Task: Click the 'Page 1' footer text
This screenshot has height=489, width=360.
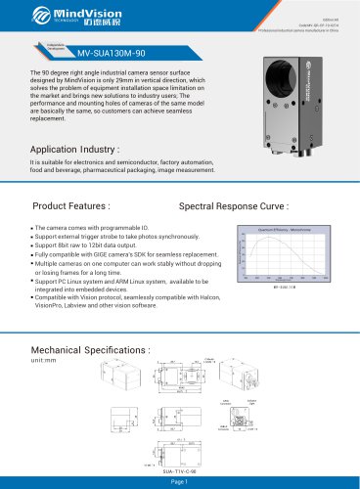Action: click(179, 481)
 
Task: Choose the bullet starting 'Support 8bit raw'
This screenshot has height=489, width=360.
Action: click(107, 244)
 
